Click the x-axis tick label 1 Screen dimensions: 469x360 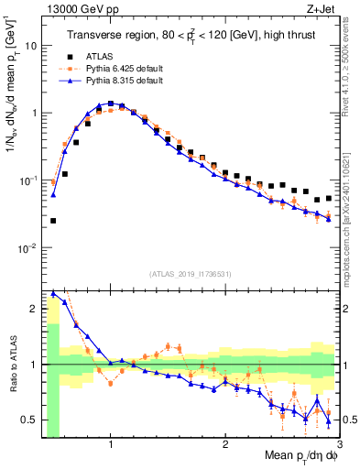111,443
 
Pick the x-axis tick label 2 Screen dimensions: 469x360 225,443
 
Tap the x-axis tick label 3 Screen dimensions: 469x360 339,443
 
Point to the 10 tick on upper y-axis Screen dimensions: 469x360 31,45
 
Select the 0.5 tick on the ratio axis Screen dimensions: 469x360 29,420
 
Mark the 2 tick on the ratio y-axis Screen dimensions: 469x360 34,309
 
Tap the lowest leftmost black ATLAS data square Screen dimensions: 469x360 53,221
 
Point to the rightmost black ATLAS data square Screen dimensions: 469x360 329,197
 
